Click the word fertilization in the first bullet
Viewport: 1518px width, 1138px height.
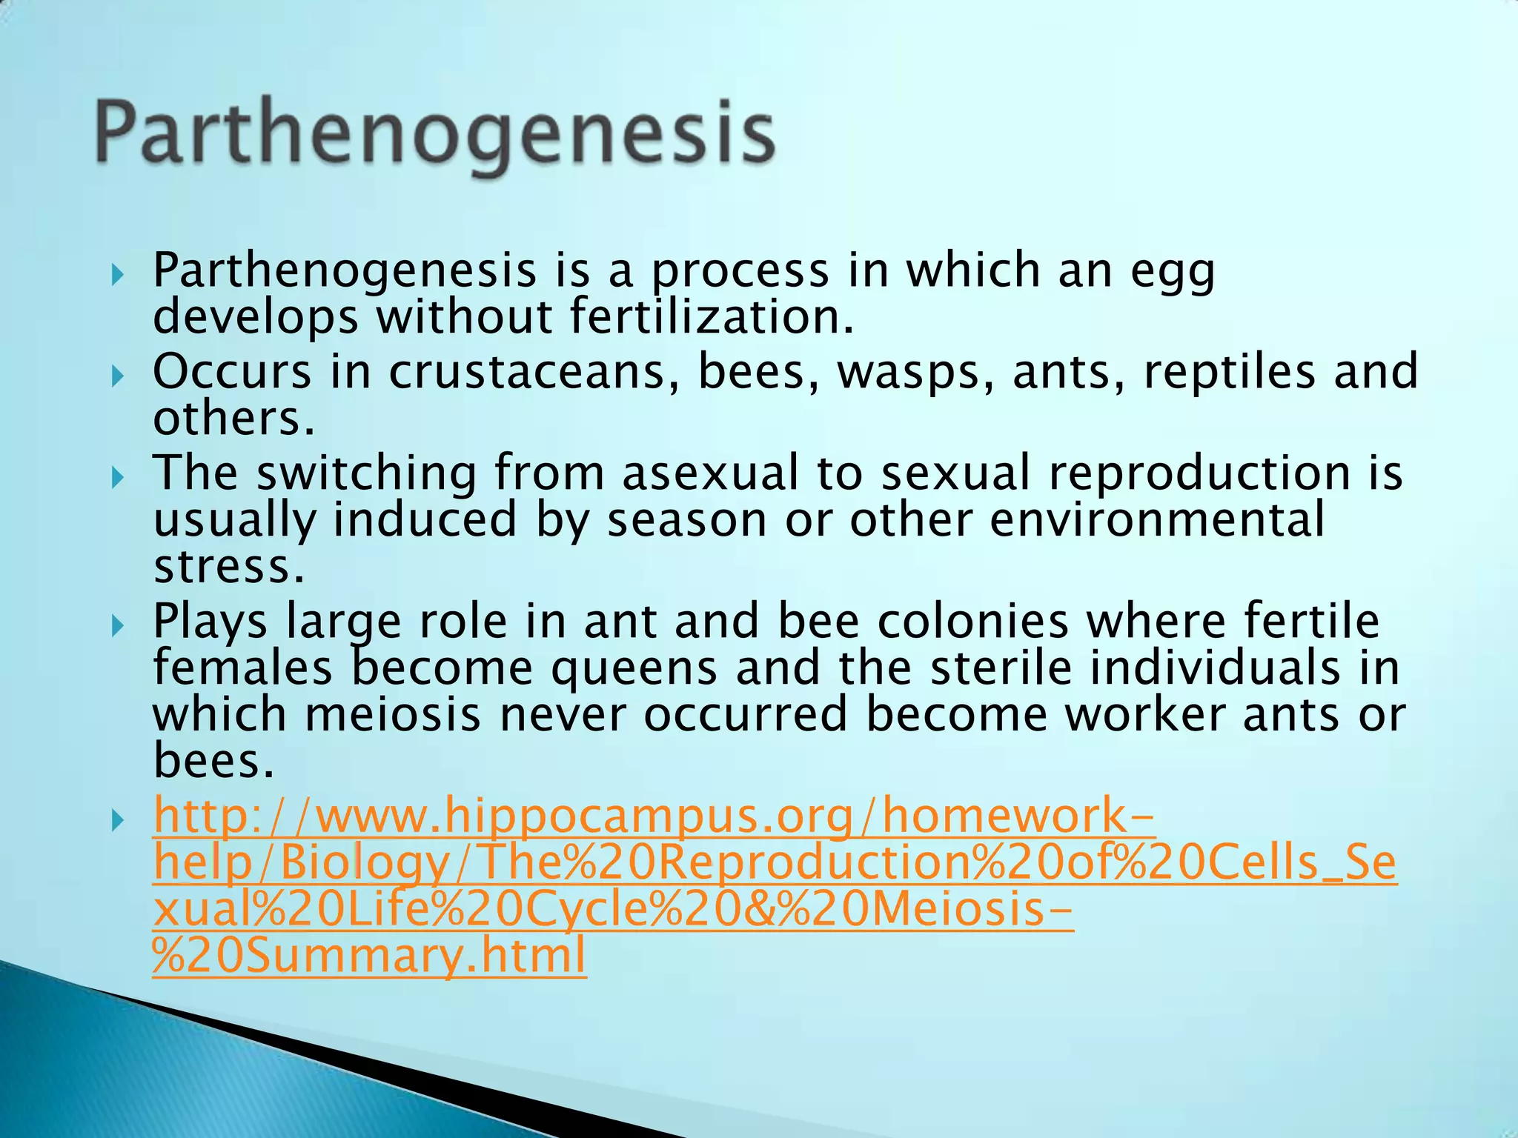coord(712,316)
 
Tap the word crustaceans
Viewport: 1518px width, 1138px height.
coord(534,371)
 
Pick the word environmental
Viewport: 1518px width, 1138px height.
coord(1157,519)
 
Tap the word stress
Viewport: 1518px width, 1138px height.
coord(229,567)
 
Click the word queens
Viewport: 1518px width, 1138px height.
coord(634,668)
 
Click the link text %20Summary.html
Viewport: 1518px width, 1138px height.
coord(369,956)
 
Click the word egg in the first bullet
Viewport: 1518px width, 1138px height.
coord(1173,272)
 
